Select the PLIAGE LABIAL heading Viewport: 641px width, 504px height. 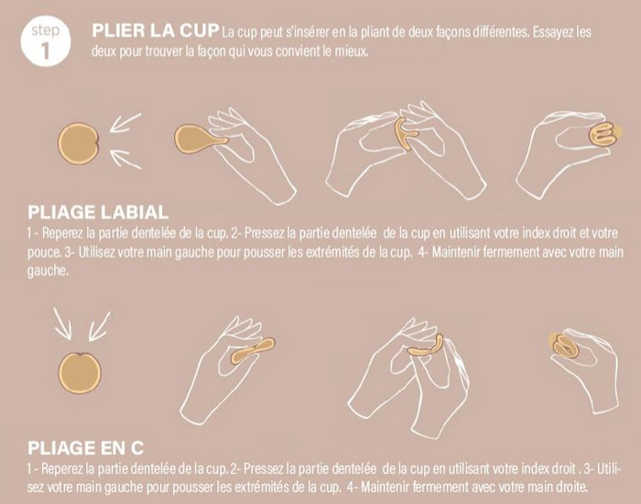(x=98, y=211)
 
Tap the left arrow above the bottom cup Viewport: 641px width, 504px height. (x=63, y=323)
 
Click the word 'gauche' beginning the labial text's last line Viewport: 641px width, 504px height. (x=22, y=271)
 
